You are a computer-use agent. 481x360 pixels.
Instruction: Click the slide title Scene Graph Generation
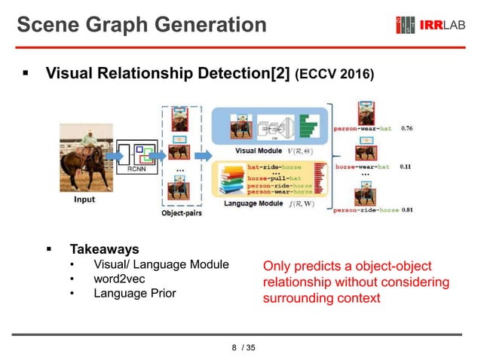pyautogui.click(x=142, y=26)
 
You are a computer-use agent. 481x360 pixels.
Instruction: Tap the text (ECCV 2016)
pyautogui.click(x=334, y=75)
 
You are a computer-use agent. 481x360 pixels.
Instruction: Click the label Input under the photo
pyautogui.click(x=84, y=200)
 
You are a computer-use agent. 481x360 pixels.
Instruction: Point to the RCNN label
pyautogui.click(x=136, y=169)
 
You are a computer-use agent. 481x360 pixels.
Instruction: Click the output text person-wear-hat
pyautogui.click(x=362, y=129)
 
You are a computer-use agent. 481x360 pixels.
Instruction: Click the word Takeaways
pyautogui.click(x=104, y=248)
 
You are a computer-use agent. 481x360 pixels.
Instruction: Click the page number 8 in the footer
pyautogui.click(x=234, y=347)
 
